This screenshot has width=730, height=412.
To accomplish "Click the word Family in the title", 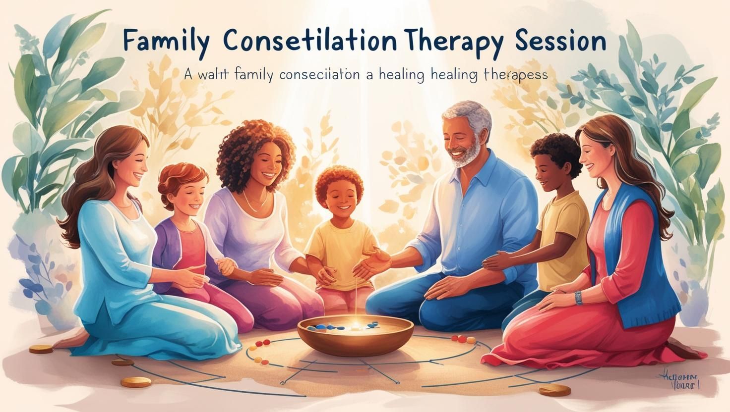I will (164, 42).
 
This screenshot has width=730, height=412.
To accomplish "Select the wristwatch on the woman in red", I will (578, 298).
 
